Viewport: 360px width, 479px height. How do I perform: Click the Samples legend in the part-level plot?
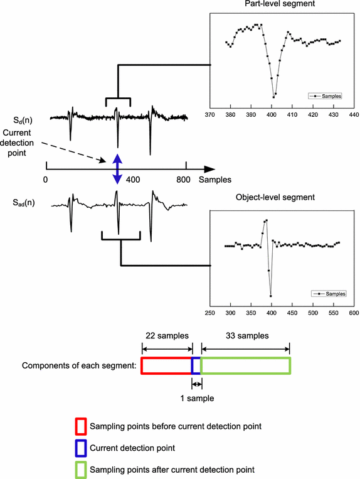(324, 96)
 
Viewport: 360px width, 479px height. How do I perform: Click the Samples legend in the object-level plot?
(327, 293)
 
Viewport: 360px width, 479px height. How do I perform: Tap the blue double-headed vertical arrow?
(116, 168)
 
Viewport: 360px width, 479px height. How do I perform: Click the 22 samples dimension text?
(166, 335)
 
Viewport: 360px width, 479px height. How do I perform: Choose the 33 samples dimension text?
(245, 335)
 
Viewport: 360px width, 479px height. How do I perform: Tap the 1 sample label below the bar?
(196, 398)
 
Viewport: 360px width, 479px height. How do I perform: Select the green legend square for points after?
(80, 469)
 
